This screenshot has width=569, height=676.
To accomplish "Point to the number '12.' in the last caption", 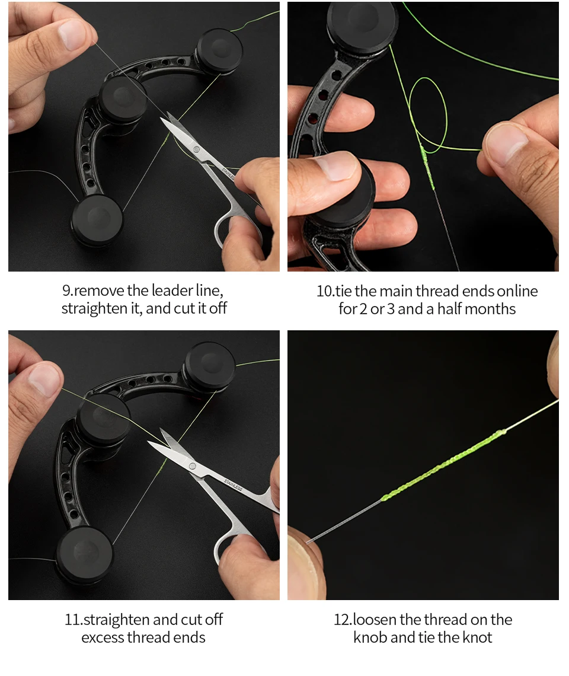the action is tap(343, 620).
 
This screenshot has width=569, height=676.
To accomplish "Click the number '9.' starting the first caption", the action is tap(68, 291).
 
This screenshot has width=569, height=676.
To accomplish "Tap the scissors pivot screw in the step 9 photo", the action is tap(197, 149).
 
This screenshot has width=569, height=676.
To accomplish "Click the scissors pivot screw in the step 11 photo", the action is tap(193, 466).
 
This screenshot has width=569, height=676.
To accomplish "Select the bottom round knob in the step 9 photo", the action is tap(97, 219).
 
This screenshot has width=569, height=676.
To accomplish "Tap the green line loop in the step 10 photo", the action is tap(427, 114).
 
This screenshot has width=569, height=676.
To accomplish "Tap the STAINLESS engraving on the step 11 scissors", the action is tap(233, 484).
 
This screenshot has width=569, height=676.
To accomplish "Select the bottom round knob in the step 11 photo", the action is tap(84, 554).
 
